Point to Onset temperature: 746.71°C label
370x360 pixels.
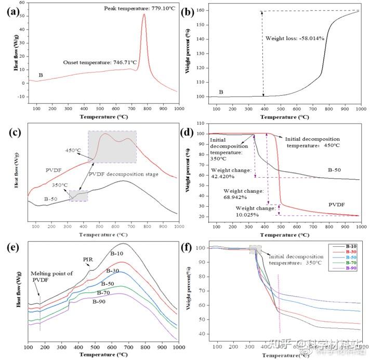pos(100,62)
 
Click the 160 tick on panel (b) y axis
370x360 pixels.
pos(201,10)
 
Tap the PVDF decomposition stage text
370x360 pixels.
pos(123,174)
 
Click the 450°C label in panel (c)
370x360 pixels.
pos(72,151)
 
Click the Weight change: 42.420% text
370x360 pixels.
pos(231,174)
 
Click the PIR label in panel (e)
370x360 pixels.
pos(88,259)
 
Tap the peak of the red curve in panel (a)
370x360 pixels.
pos(144,15)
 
